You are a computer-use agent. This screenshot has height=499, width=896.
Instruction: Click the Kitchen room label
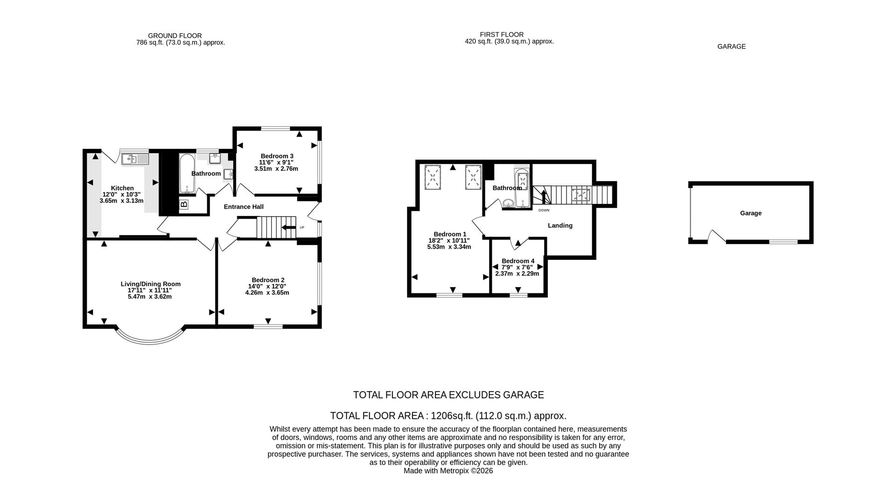coord(122,188)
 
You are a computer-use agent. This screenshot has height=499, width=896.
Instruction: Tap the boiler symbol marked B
coord(183,204)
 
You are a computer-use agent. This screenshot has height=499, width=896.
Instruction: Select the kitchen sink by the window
coord(134,159)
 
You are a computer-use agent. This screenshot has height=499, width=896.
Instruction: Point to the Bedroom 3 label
coord(277,156)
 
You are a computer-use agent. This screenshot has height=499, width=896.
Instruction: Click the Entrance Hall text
coord(244,207)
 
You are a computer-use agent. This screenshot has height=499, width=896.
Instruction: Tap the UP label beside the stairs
coord(302,228)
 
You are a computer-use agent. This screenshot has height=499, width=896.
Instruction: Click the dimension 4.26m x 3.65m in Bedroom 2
coord(267,293)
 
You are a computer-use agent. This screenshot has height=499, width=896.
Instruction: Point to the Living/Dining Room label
coord(150,284)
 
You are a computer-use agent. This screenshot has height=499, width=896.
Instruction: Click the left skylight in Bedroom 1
coord(433,177)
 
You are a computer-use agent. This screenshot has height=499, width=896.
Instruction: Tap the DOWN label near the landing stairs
coord(544,210)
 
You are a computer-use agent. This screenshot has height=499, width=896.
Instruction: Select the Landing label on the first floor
coord(560,225)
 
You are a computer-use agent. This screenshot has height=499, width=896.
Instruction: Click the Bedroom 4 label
coord(518,261)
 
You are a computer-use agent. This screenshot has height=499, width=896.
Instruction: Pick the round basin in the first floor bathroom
coord(508,203)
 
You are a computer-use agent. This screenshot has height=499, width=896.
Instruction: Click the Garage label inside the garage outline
coord(750,213)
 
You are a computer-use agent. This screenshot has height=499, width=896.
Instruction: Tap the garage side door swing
coord(716,236)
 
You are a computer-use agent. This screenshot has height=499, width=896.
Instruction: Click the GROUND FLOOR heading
coord(175,35)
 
